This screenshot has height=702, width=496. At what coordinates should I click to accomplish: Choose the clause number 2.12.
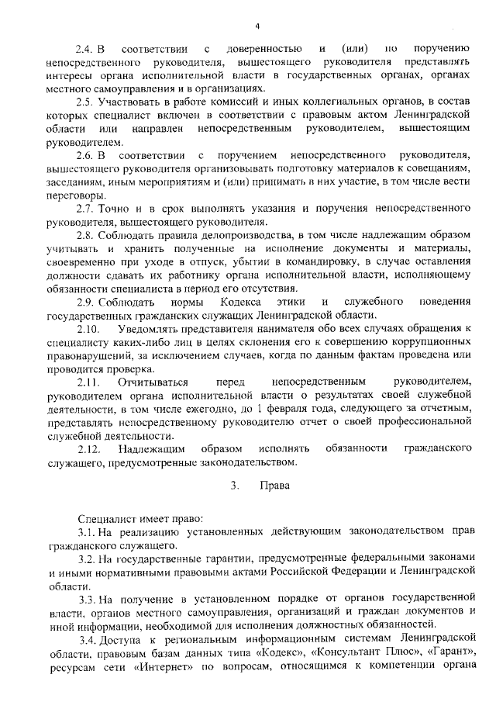(88, 449)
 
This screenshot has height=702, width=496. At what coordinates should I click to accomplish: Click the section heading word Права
(274, 486)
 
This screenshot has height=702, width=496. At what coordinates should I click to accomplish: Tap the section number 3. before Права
(232, 486)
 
